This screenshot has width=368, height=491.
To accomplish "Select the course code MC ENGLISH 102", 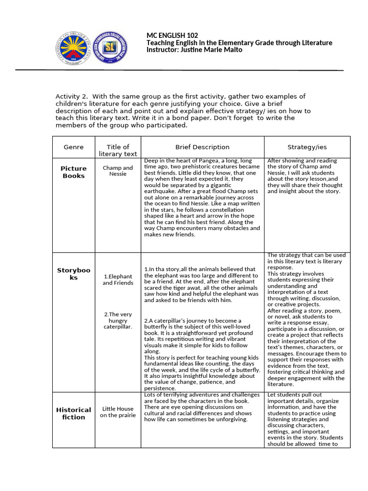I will point(172,36).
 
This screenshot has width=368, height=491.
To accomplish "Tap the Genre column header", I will point(73,147).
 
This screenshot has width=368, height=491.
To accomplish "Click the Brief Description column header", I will point(202,147).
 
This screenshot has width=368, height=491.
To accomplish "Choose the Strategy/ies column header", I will point(307,147).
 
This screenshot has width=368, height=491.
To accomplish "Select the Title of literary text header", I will point(118,150).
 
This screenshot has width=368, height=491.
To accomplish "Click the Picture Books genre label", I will point(73,172).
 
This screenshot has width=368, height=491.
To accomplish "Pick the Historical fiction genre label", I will point(73,413).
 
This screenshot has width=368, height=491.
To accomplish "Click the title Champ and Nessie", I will point(118,171).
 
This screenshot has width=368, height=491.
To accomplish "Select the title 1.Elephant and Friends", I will point(118,280).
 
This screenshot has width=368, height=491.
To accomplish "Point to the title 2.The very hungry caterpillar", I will point(118,320).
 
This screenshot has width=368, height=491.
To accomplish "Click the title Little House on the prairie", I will point(118,412).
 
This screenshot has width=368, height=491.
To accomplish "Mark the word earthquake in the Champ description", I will point(163,191).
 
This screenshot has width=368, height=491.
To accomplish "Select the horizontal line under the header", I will point(179,70).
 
